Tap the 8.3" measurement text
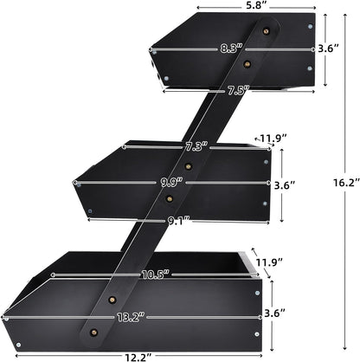pyautogui.click(x=231, y=48)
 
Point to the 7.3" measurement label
pyautogui.click(x=196, y=147)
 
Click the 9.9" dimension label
pyautogui.click(x=171, y=182)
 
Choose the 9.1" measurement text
pyautogui.click(x=179, y=222)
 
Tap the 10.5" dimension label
pyautogui.click(x=156, y=275)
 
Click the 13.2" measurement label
pyautogui.click(x=131, y=317)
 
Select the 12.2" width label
pyautogui.click(x=138, y=358)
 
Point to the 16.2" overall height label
pyautogui.click(x=346, y=183)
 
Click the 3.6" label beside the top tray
pyautogui.click(x=328, y=48)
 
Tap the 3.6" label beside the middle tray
pyautogui.click(x=285, y=185)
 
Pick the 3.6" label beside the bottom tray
pyautogui.click(x=275, y=313)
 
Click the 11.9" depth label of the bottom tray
pyautogui.click(x=269, y=262)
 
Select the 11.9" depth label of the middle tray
pyautogui.click(x=273, y=138)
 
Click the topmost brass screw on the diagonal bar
pyautogui.click(x=266, y=30)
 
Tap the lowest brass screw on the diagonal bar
pyautogui.click(x=93, y=333)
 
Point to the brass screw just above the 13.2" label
pyautogui.click(x=112, y=300)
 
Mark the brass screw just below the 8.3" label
pyautogui.click(x=247, y=64)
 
